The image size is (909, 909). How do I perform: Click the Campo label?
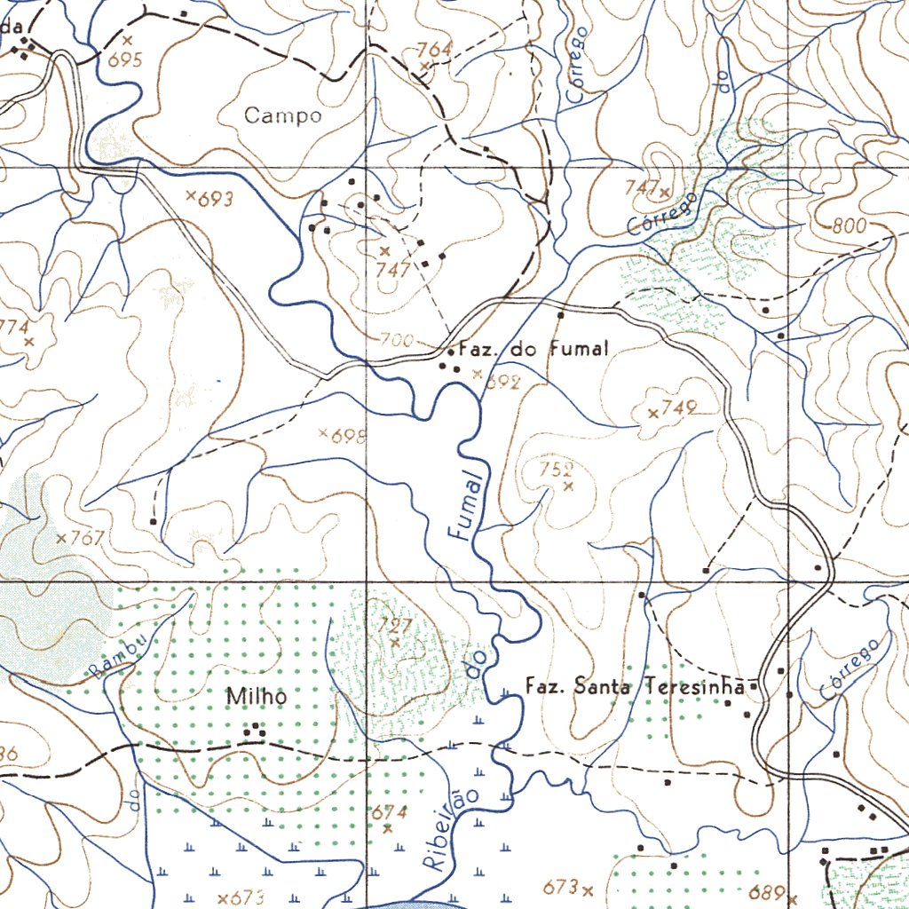(282, 115)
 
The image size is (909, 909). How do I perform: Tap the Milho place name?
(257, 698)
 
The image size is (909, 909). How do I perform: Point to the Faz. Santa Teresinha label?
(636, 686)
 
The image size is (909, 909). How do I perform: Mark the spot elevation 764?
(435, 49)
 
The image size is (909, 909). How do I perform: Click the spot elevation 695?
(125, 59)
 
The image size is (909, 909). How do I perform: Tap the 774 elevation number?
(12, 327)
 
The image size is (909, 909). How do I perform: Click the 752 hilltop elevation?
(557, 470)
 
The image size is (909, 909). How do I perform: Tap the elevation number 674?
(389, 812)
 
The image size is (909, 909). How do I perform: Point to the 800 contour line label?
(849, 226)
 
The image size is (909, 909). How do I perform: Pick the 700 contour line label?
(396, 340)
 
